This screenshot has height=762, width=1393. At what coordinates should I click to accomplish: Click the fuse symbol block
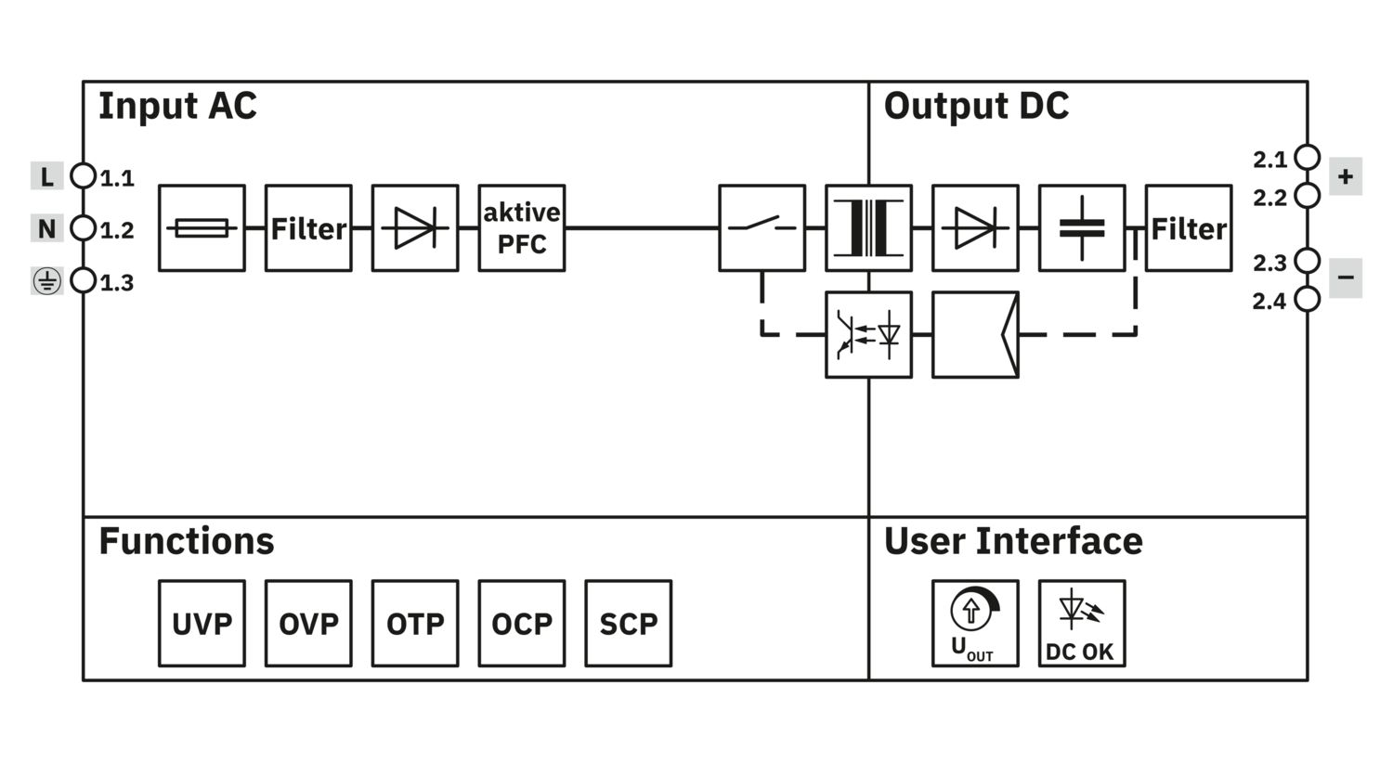point(202,228)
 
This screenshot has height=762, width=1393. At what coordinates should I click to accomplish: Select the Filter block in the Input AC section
point(308,228)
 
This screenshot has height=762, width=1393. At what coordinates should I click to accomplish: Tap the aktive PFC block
point(522,228)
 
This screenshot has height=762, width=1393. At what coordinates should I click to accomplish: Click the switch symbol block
point(762,228)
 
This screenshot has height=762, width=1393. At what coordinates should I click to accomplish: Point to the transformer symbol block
point(868,228)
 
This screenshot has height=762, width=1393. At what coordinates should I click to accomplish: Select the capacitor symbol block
point(1082,228)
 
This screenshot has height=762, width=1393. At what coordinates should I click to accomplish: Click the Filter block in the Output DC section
point(1189,228)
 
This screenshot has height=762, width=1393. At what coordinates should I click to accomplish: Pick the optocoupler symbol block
point(868,335)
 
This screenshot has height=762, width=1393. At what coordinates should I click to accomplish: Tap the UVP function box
point(202,624)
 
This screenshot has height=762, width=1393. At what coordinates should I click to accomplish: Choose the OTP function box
point(415,624)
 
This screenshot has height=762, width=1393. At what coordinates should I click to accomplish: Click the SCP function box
point(629,624)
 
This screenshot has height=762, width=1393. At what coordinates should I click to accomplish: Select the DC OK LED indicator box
point(1082,624)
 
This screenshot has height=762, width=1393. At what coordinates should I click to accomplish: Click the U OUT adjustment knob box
point(975,624)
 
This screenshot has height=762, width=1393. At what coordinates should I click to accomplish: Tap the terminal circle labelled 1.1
point(84,175)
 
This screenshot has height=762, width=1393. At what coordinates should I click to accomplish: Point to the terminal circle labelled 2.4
point(1308,299)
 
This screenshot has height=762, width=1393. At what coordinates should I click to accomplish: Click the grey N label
point(46,228)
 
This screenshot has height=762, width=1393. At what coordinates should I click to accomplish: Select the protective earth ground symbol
point(46,281)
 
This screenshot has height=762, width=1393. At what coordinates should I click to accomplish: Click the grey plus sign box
point(1345,176)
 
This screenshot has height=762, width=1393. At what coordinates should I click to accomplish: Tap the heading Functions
point(187,541)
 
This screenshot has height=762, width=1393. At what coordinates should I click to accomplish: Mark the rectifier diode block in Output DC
point(975,228)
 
